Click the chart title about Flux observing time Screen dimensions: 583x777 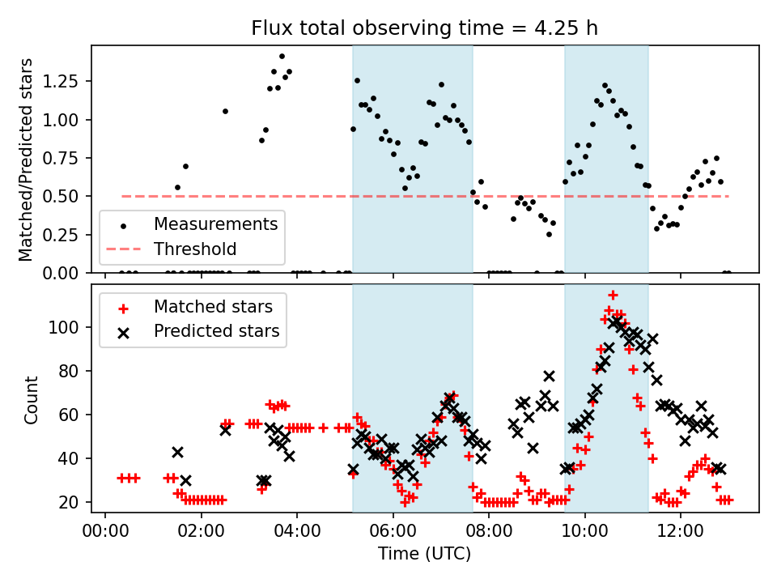point(425,28)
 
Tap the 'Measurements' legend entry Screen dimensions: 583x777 point(215,223)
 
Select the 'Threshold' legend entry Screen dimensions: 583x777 point(195,249)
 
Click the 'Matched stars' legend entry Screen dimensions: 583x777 point(213,307)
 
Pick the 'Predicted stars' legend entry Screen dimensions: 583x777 point(216,330)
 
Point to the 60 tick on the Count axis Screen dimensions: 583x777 point(73,415)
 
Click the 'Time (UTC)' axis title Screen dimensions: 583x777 point(424,555)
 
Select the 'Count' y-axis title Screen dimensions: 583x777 point(32,399)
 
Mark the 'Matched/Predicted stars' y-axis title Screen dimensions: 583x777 point(26,160)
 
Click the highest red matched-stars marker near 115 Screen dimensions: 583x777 point(613,295)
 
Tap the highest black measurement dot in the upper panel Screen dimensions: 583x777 point(282,57)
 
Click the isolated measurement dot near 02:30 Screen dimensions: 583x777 point(225,111)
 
